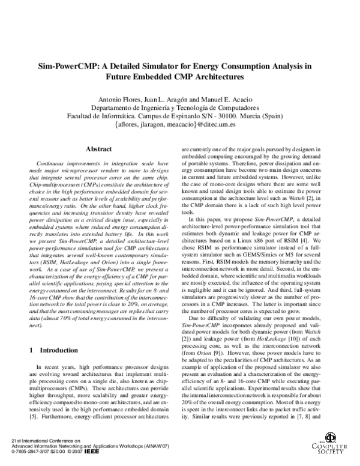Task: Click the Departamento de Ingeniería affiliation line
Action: click(x=181, y=107)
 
